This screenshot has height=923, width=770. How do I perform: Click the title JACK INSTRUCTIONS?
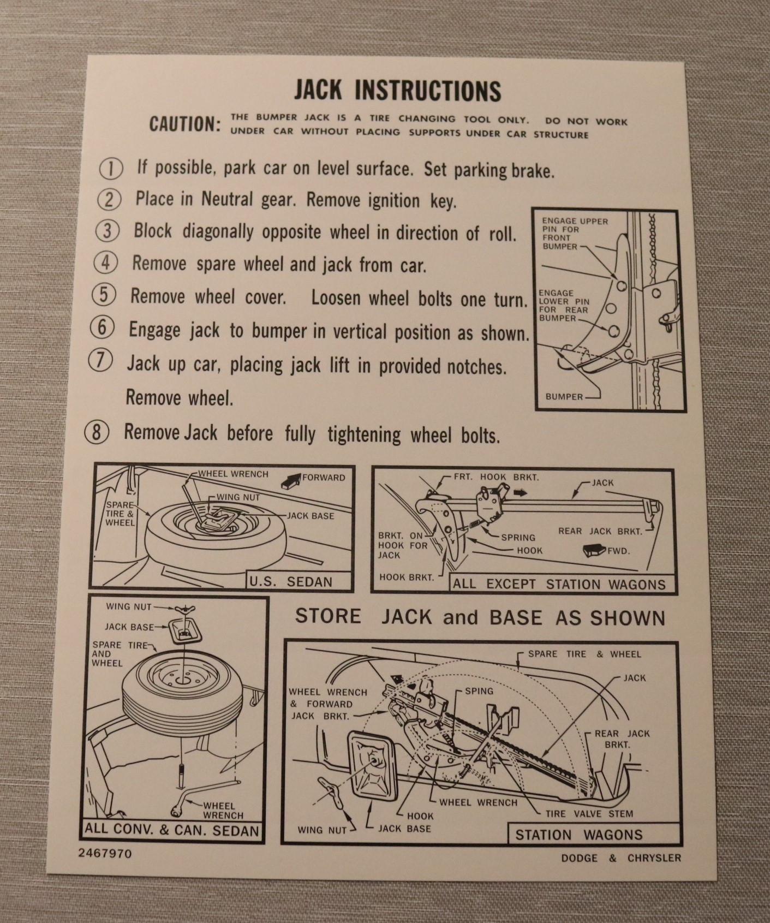point(397,91)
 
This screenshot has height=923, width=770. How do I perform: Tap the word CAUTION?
point(185,124)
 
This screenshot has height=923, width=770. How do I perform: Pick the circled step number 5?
point(104,295)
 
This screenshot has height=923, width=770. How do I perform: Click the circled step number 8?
point(97,432)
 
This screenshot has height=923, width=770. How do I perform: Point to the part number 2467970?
point(105,853)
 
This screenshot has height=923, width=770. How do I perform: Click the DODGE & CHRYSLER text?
point(621,858)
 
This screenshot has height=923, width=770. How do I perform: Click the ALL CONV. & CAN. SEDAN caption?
point(172,830)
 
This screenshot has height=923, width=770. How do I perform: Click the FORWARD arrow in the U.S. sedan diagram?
point(291,480)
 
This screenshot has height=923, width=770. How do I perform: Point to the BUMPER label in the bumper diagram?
point(564,397)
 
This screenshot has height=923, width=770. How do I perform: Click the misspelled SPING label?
point(479,691)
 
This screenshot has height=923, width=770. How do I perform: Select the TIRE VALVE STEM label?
point(589,814)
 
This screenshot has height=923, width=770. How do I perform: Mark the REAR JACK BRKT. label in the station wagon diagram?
point(622,740)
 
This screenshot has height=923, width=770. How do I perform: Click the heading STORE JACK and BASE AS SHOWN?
point(480,618)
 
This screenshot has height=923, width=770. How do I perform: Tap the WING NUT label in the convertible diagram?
point(126,606)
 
